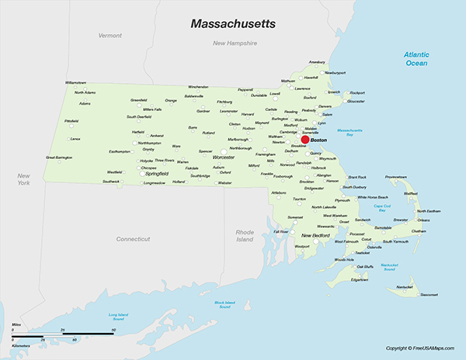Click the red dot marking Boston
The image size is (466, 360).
305,140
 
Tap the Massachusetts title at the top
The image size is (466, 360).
233,24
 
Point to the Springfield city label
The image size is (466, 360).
156,174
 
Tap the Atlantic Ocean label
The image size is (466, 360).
416,58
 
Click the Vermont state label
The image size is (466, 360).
110,36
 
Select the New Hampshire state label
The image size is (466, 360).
235,43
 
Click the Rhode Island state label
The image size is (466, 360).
245,236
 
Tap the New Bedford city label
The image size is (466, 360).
316,235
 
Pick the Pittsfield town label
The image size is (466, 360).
71,121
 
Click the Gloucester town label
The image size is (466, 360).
356,102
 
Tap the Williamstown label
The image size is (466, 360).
75,82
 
